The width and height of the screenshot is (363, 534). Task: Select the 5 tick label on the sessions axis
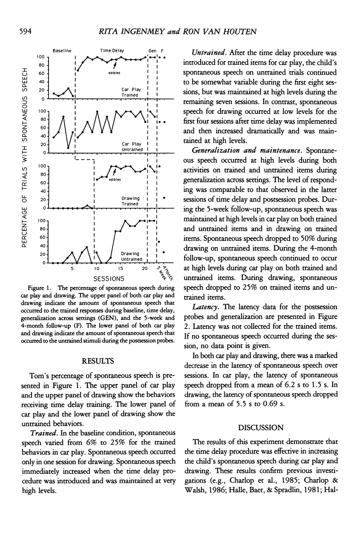[72, 269]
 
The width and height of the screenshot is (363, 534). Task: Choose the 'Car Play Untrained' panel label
[132, 146]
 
